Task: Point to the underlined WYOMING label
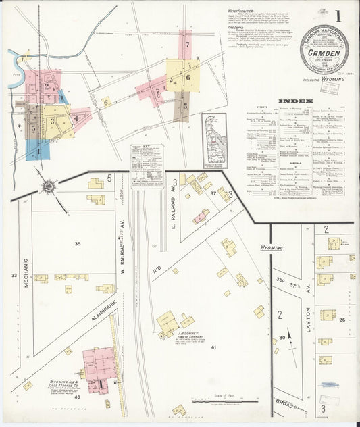pos(272,248)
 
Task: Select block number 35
pos(78,243)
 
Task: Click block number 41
pos(213,347)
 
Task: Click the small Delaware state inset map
pos(215,140)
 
